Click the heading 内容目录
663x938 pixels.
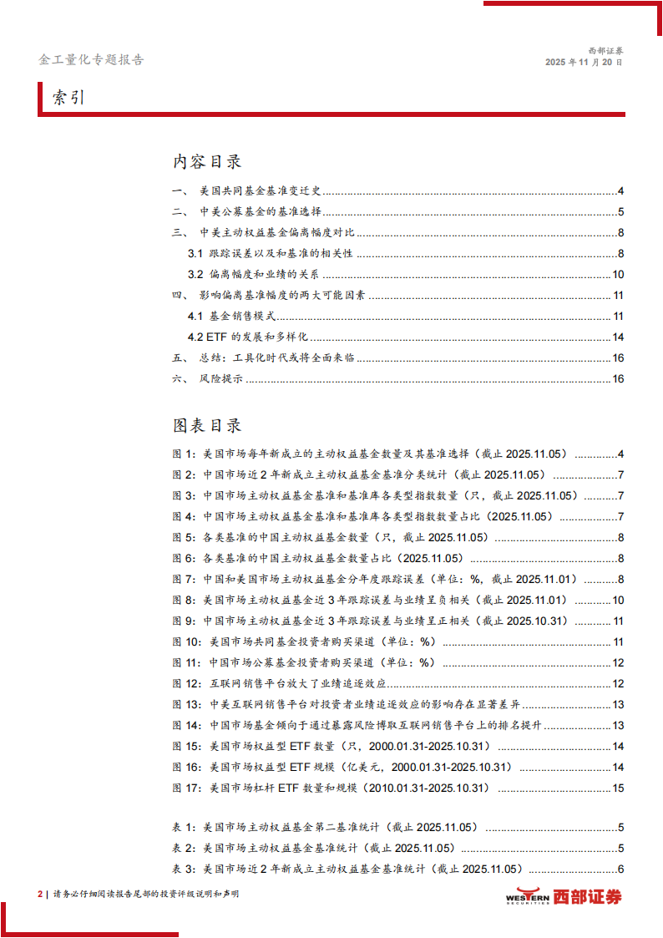(207, 162)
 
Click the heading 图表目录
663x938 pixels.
(207, 426)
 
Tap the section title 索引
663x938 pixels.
(69, 98)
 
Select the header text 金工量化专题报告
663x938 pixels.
(91, 60)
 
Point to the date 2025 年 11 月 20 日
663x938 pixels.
(584, 63)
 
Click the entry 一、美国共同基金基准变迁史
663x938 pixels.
(251, 190)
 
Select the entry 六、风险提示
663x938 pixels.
(208, 379)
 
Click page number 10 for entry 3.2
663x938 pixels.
(619, 275)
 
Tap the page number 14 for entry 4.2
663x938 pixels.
(619, 337)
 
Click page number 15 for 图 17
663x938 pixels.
(619, 788)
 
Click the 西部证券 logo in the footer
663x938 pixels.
(564, 896)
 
